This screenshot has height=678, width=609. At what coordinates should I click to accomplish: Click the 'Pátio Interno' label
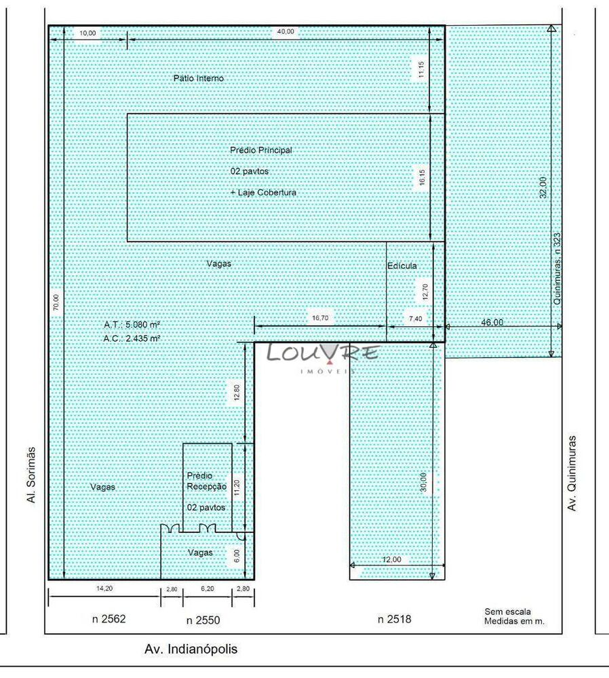198,79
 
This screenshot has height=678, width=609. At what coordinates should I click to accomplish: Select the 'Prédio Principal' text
261,150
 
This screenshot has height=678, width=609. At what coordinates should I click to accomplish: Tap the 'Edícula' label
402,266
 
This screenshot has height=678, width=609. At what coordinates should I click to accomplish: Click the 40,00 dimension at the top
285,32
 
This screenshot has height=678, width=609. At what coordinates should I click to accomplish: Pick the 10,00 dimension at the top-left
87,32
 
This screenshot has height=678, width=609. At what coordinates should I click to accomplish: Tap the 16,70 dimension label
319,317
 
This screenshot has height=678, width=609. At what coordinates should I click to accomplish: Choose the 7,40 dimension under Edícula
414,317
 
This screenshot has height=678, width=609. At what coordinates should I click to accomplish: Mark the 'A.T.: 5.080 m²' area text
132,325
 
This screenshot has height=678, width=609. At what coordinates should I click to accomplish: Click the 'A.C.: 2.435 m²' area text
132,338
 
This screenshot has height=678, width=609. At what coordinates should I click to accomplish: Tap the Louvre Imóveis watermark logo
323,355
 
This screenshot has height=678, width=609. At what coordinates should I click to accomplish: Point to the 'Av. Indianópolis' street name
191,649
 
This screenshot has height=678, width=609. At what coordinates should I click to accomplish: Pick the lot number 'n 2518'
394,619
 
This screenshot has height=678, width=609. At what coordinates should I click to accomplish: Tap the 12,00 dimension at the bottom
392,559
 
